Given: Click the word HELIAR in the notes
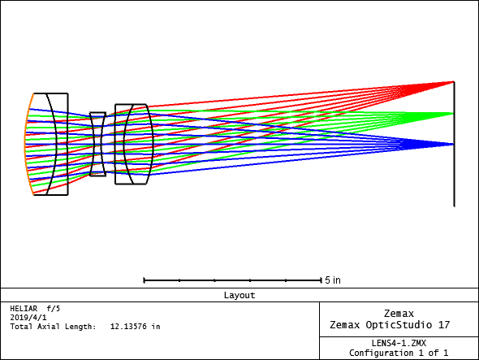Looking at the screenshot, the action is [x=24, y=309].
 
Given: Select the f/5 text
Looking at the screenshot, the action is [x=54, y=309].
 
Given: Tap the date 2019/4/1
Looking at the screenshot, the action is [x=28, y=318].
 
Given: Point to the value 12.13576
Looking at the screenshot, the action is [x=128, y=327].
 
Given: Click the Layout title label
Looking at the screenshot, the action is [x=239, y=295].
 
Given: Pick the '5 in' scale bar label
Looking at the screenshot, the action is [x=333, y=280].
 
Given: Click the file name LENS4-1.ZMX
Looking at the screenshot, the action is [x=399, y=343].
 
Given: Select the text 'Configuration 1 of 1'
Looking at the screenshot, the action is [x=399, y=353].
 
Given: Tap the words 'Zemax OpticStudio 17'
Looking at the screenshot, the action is [x=390, y=325].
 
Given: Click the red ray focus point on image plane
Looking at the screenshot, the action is [x=454, y=81].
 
